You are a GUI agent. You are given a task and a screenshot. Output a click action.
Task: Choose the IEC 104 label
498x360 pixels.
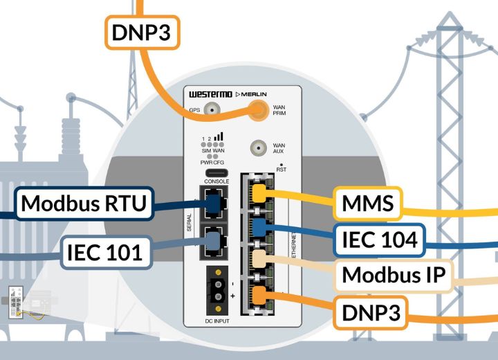click(x=380, y=240)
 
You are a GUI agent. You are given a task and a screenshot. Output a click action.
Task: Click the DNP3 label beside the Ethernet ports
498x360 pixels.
click(x=370, y=312)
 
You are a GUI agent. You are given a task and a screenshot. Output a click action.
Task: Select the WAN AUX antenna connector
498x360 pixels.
click(x=259, y=148)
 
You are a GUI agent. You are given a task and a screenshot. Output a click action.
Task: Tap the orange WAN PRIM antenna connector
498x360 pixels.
click(x=259, y=109)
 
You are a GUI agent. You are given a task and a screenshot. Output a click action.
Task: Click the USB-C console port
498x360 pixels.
click(x=212, y=172)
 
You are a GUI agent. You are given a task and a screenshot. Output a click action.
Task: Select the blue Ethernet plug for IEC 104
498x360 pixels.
click(x=259, y=228)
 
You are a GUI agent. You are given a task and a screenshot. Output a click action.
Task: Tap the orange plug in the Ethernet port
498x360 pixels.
click(x=259, y=296)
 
